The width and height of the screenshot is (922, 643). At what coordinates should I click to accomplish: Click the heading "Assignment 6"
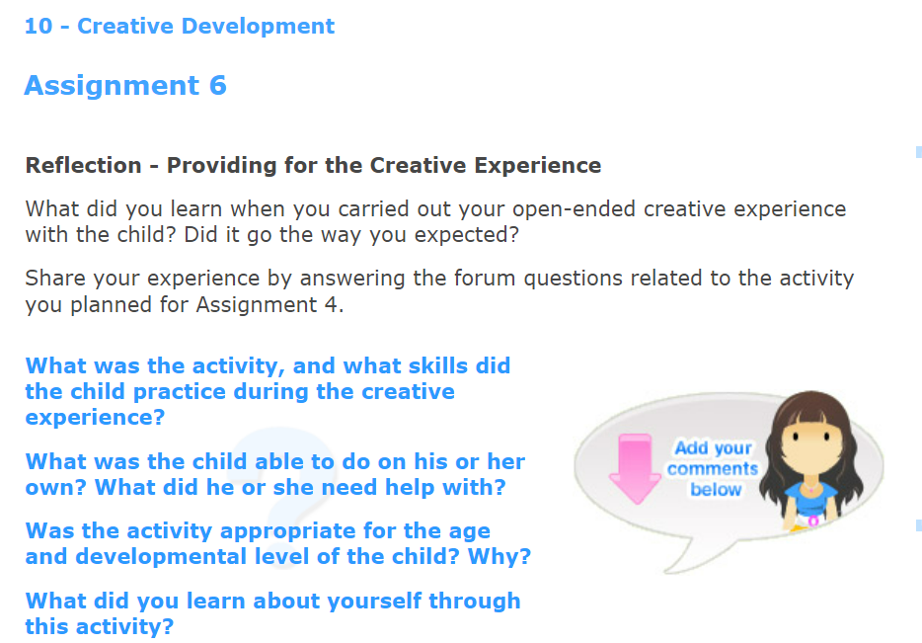pyautogui.click(x=125, y=86)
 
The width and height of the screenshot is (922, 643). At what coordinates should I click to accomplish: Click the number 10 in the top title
pyautogui.click(x=38, y=27)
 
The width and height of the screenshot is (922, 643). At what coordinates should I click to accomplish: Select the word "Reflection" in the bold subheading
pyautogui.click(x=83, y=165)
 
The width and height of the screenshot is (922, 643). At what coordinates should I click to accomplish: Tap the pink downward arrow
pyautogui.click(x=634, y=467)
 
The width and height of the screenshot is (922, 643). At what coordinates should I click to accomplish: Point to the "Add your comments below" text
pyautogui.click(x=713, y=469)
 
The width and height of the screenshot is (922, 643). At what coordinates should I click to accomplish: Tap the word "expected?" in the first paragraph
pyautogui.click(x=469, y=234)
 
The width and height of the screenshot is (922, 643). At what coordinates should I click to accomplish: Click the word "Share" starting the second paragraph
pyautogui.click(x=52, y=279)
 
